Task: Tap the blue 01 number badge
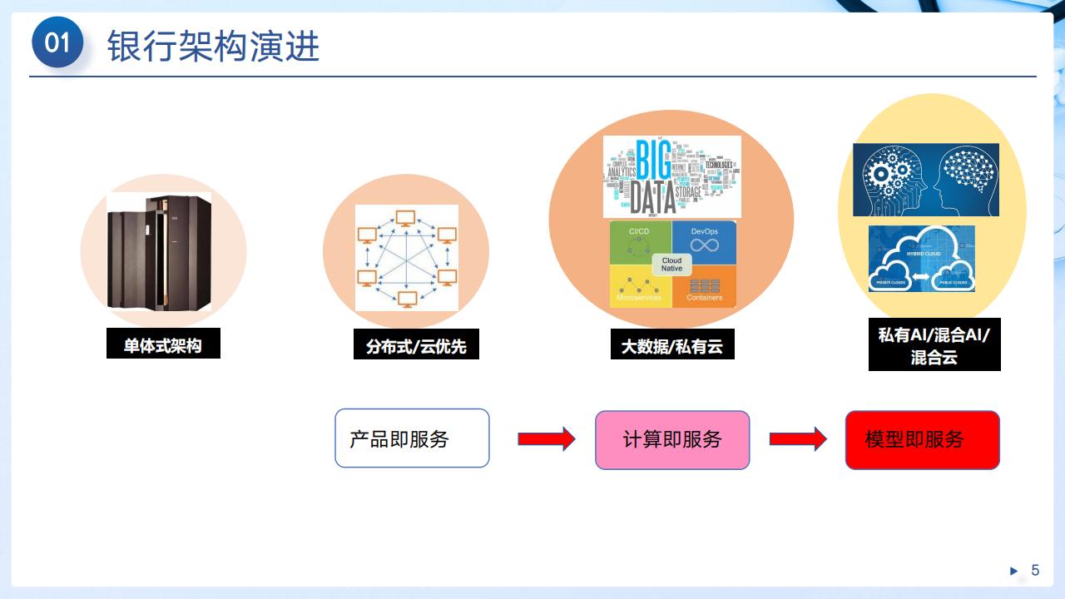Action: click(57, 42)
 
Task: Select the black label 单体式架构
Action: click(163, 345)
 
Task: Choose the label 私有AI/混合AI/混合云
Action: click(934, 345)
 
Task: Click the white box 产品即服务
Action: click(412, 438)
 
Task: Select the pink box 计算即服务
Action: click(672, 439)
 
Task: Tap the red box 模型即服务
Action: click(922, 439)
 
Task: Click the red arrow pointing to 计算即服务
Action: click(546, 438)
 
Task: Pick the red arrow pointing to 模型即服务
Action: click(797, 438)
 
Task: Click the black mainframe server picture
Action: click(160, 251)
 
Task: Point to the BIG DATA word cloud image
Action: click(671, 176)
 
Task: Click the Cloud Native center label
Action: click(671, 265)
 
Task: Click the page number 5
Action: click(1035, 570)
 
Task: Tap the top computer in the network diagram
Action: click(406, 219)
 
